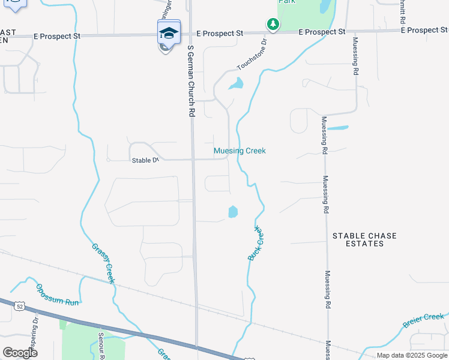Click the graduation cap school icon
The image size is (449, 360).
click(x=169, y=32)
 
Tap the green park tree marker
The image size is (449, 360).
click(x=273, y=25)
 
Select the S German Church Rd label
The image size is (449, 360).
click(x=191, y=80)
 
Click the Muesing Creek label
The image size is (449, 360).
click(x=240, y=151)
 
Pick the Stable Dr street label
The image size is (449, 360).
click(x=145, y=160)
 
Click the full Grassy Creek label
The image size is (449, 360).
click(x=103, y=263)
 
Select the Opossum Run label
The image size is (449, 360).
click(x=57, y=294)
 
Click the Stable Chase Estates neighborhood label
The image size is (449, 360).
click(x=365, y=239)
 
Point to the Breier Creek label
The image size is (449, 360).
click(x=423, y=321)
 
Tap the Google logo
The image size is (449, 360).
click(x=20, y=352)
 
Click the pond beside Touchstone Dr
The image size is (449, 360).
click(x=237, y=84)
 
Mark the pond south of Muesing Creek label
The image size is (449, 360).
click(x=233, y=212)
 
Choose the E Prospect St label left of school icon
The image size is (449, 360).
click(x=54, y=36)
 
